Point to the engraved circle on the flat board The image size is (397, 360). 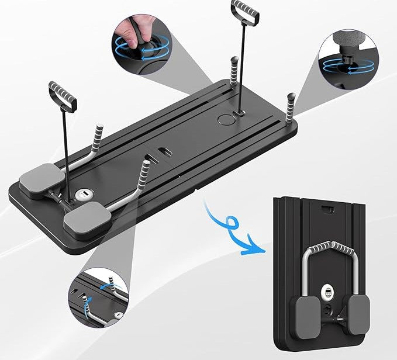tap(225, 119)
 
